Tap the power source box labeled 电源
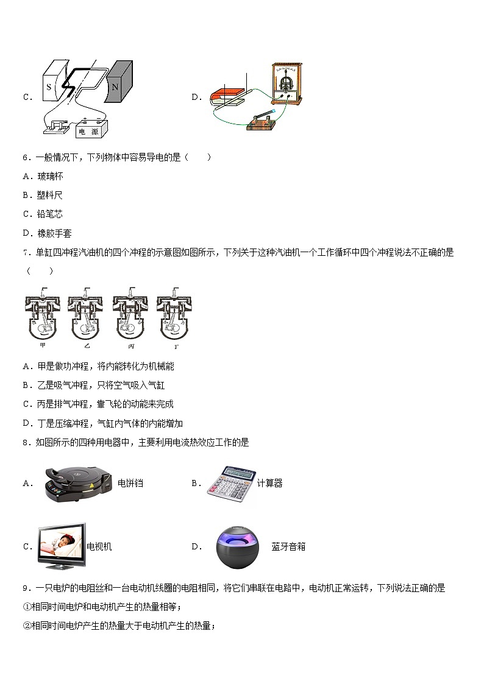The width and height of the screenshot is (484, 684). [x=91, y=130]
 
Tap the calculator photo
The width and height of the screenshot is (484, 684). [x=229, y=484]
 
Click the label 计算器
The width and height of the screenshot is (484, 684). [x=269, y=484]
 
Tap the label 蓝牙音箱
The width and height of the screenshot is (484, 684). [x=288, y=547]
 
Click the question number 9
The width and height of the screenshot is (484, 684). [x=26, y=588]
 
